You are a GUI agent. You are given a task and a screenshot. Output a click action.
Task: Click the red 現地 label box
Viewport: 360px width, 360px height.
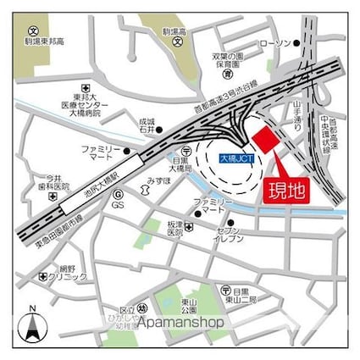(x=286, y=191)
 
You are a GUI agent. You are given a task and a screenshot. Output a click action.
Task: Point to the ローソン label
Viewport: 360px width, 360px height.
(x=276, y=43)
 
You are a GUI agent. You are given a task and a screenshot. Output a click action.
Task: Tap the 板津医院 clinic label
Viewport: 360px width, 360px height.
(x=174, y=228)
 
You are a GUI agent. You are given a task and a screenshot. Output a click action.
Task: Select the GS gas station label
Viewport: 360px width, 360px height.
(x=119, y=206)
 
